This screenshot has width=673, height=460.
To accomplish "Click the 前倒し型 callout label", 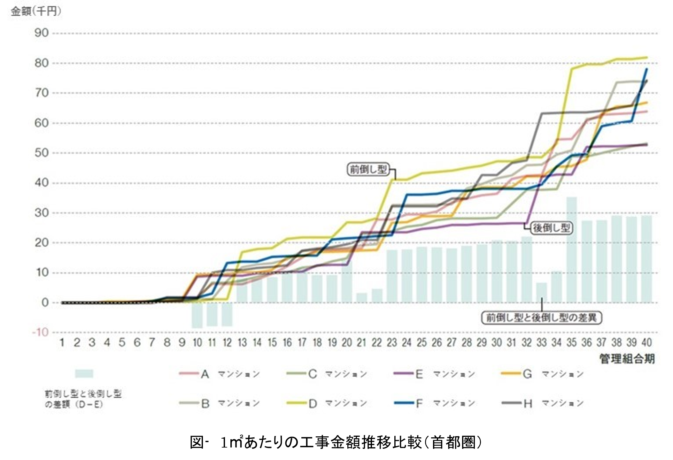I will (368, 169).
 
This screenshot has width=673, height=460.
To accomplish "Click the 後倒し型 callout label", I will (552, 228).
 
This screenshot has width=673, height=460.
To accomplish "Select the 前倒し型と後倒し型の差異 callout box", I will (541, 318).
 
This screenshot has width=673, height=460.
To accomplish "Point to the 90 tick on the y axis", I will (42, 33).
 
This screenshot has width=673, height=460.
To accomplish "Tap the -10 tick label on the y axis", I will (40, 332).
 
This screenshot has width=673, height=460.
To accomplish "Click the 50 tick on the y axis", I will (42, 153).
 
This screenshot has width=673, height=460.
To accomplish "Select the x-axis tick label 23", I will (392, 343).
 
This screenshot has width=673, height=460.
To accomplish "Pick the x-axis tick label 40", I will (646, 343).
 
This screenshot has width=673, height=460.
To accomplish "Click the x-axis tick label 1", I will (62, 343).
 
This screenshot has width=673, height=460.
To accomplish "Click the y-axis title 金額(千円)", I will (36, 11).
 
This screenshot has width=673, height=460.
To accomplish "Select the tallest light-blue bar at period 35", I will (572, 249).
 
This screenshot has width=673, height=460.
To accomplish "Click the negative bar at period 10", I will (197, 315).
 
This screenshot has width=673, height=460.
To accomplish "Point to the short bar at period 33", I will (541, 292).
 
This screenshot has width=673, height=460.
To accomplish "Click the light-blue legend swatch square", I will (84, 374).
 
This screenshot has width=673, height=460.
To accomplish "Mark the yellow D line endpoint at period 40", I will (647, 57).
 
